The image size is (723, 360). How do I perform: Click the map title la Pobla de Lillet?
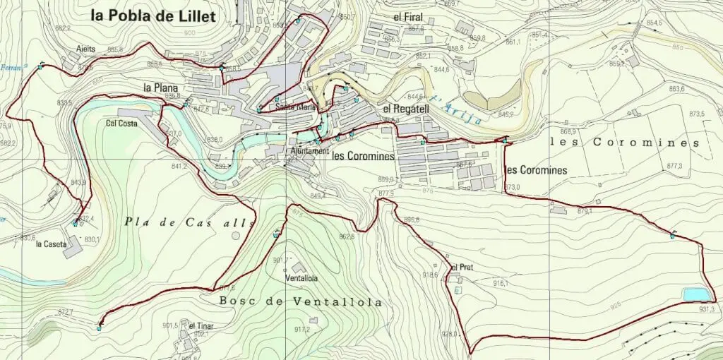tap(152, 16)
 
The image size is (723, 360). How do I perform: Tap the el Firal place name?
tap(407, 16)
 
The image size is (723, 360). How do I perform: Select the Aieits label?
tap(86, 49)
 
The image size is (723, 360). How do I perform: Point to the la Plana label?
tap(160, 88)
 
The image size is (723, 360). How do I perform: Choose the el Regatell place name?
tap(405, 109)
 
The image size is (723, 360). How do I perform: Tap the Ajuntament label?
tap(309, 151)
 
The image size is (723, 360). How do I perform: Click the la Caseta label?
tap(51, 244)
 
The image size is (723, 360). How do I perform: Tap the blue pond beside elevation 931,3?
tap(694, 294)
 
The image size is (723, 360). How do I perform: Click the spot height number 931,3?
tap(707, 309)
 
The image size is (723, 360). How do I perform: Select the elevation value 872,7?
tap(66, 311)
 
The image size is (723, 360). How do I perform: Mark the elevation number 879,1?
tap(584, 211)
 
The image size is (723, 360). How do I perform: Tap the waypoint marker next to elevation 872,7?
tap(100, 327)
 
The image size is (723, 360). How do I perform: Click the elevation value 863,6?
tap(676, 89)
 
